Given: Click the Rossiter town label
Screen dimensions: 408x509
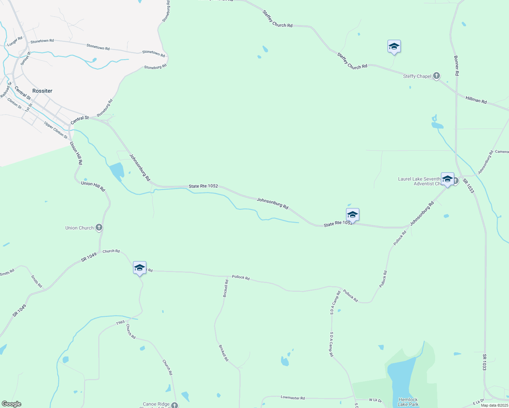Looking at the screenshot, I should pyautogui.click(x=42, y=91).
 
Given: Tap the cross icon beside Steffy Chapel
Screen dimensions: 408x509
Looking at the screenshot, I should pyautogui.click(x=437, y=76).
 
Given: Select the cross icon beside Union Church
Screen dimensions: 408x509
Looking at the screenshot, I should pyautogui.click(x=99, y=227).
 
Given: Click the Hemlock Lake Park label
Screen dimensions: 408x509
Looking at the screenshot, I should pyautogui.click(x=408, y=402).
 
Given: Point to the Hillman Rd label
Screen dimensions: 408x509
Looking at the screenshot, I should pyautogui.click(x=476, y=100).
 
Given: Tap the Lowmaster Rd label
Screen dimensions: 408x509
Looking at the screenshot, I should pyautogui.click(x=293, y=397).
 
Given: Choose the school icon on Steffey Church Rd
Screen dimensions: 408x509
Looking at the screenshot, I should pyautogui.click(x=394, y=47).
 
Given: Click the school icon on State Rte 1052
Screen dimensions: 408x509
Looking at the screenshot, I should pyautogui.click(x=352, y=215).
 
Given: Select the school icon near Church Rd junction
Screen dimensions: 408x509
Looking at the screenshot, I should pyautogui.click(x=139, y=268).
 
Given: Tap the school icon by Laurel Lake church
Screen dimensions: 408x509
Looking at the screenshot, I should pyautogui.click(x=447, y=179).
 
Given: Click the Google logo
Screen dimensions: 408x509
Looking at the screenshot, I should pyautogui.click(x=12, y=404).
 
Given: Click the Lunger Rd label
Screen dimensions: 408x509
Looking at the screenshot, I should pyautogui.click(x=15, y=41).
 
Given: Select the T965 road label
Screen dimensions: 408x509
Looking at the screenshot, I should pyautogui.click(x=120, y=323).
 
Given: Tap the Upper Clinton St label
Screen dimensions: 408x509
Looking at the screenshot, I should pyautogui.click(x=56, y=130).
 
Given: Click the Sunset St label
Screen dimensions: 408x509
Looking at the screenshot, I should pyautogui.click(x=26, y=58).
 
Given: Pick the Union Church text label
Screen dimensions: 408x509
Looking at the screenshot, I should pyautogui.click(x=79, y=228).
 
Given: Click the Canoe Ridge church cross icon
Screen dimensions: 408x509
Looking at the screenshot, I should pyautogui.click(x=175, y=405).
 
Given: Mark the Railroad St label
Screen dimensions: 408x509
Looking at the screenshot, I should pyautogui.click(x=6, y=90).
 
